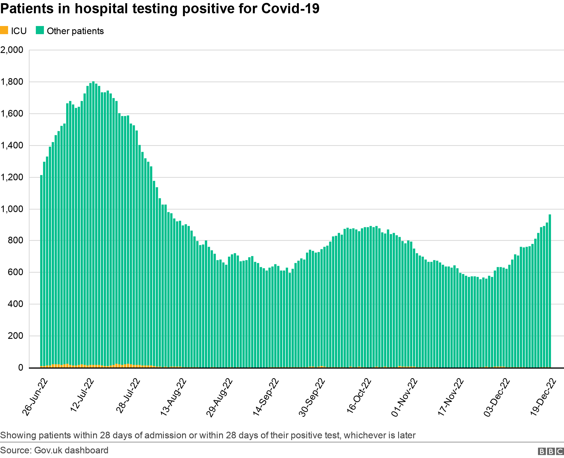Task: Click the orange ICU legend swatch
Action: pos(4,30)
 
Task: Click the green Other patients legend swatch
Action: pos(40,30)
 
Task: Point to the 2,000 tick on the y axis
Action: pos(12,50)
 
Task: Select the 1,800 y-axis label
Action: pos(12,82)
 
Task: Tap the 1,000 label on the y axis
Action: pos(12,209)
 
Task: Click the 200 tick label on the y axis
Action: pos(15,336)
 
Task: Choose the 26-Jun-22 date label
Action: pos(35,397)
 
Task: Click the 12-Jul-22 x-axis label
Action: pos(82,395)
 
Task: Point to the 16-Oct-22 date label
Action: pos(359,396)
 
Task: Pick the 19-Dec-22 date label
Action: pos(543,397)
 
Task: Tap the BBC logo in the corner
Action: pos(551,451)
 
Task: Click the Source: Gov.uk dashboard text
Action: pos(54,450)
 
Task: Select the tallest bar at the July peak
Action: pos(93,226)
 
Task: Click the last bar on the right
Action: pos(550,292)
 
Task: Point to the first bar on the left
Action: pos(41,272)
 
